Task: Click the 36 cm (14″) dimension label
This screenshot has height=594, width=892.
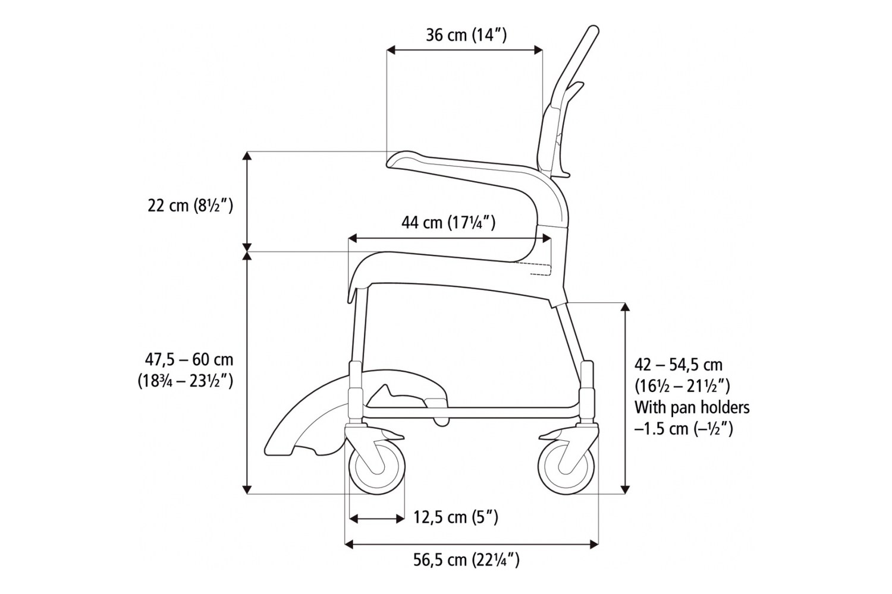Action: pos(466,35)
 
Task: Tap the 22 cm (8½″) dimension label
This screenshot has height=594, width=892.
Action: pos(190,206)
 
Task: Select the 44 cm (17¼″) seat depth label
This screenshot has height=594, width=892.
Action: pos(448,222)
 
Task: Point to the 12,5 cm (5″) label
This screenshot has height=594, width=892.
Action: pos(456,517)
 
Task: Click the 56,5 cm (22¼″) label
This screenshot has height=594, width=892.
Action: pos(466,560)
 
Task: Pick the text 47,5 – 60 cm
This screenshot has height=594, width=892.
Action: pos(189,359)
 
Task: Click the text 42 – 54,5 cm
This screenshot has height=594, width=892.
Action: pos(679,365)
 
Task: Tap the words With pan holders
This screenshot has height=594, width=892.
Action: pos(692,407)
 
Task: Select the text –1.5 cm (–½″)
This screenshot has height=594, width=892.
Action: pos(683,429)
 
